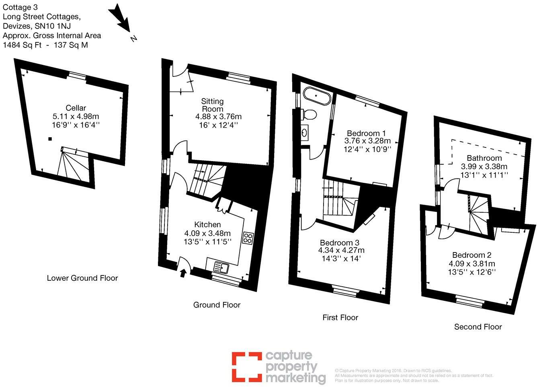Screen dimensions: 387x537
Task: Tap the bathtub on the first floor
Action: (317, 96)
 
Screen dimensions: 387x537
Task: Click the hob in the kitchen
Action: (248, 238)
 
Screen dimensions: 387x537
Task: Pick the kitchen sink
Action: (221, 267)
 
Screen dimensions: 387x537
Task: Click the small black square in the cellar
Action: (50, 139)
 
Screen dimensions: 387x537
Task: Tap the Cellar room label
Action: (76, 108)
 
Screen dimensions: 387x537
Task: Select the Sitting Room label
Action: (212, 105)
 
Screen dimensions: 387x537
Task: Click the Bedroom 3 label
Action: (340, 243)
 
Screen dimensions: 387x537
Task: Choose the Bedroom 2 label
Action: (472, 255)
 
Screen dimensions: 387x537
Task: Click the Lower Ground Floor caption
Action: (82, 278)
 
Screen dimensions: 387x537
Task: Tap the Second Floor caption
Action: (478, 327)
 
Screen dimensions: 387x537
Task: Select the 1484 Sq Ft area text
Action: (23, 45)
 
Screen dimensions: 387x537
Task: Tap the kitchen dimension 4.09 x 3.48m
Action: (207, 233)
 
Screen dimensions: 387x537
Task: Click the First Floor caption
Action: (340, 317)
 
